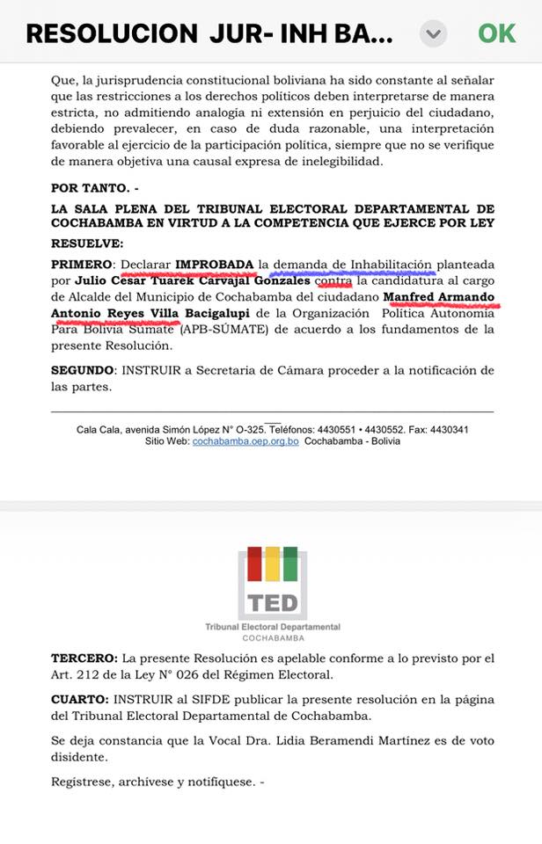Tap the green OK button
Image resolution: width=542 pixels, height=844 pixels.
(x=496, y=33)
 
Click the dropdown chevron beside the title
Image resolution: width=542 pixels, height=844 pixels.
(x=432, y=33)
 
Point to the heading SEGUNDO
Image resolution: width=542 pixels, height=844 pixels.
(x=84, y=371)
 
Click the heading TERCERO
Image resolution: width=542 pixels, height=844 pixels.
(x=84, y=658)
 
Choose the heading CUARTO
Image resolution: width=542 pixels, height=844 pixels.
(x=79, y=699)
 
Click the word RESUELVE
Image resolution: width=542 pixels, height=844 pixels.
(x=87, y=243)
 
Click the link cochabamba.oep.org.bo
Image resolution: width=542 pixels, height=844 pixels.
(x=245, y=441)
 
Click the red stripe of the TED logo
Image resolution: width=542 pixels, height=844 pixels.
(x=254, y=564)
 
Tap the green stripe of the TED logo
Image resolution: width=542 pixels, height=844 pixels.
(x=290, y=564)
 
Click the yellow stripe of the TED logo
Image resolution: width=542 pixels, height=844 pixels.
(x=273, y=564)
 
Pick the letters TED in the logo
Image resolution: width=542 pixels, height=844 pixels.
(x=273, y=603)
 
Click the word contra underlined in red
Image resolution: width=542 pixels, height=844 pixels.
(x=333, y=280)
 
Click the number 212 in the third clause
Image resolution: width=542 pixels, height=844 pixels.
(x=105, y=674)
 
